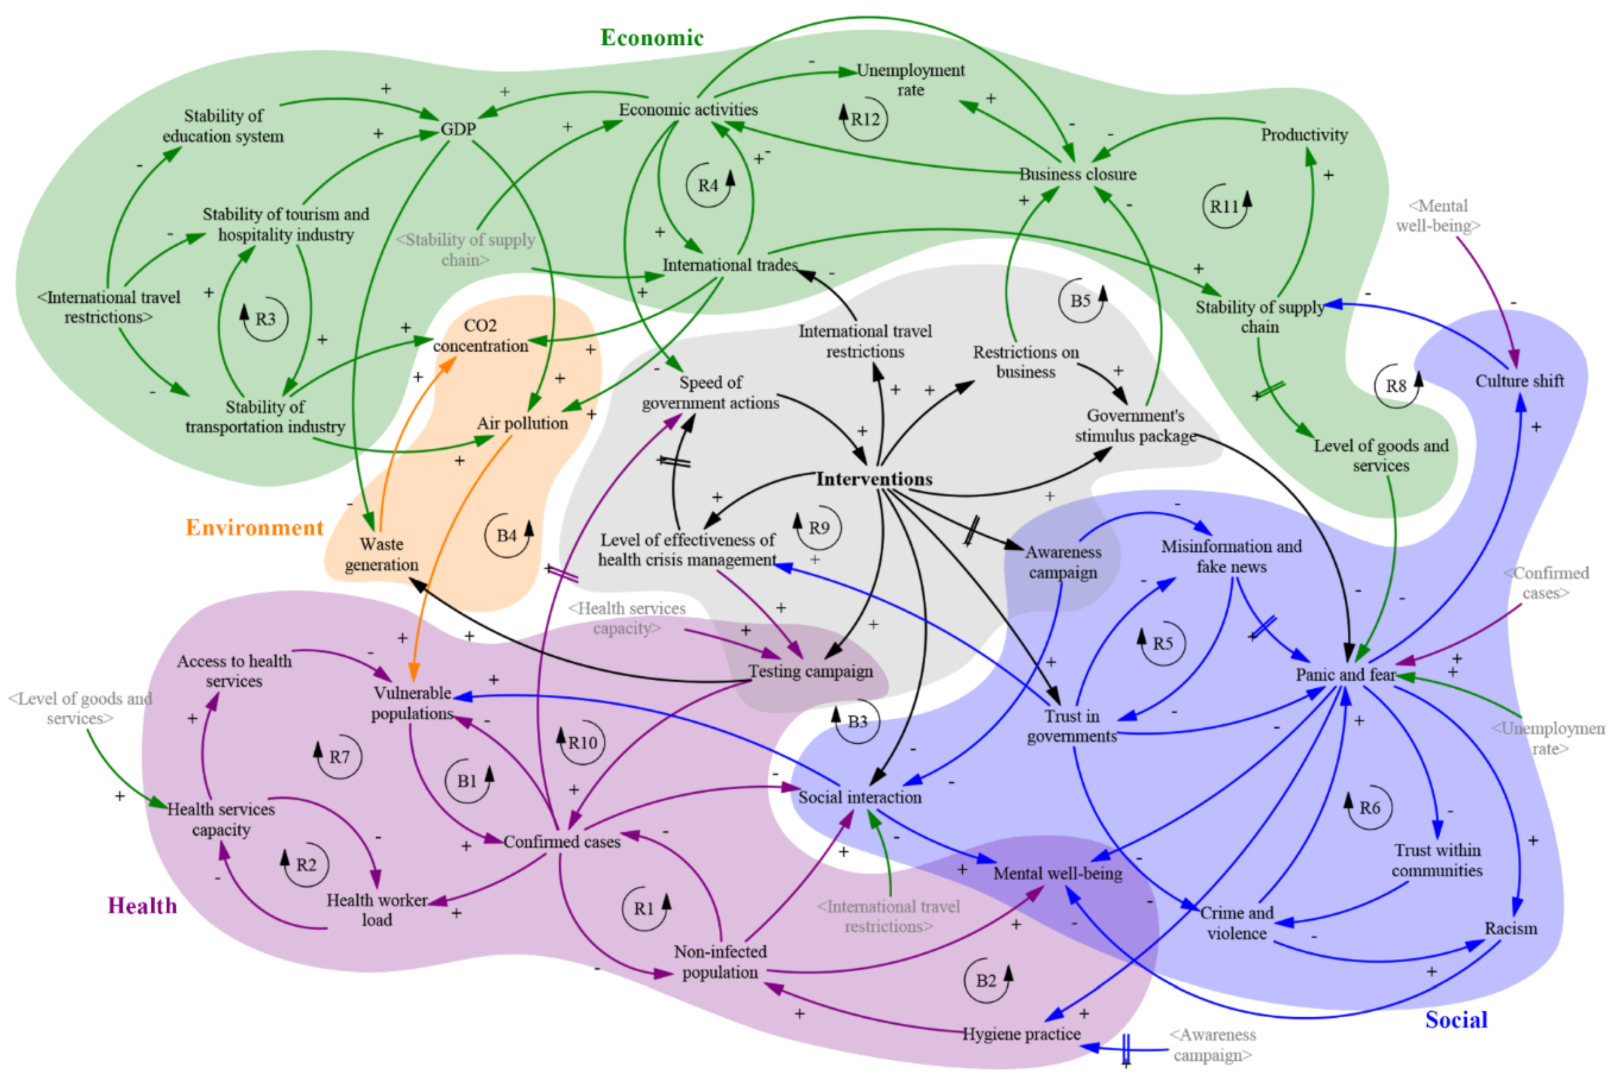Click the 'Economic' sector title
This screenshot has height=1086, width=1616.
pos(651,37)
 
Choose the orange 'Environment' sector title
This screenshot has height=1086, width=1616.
pos(254,528)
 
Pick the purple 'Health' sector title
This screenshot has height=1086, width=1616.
pos(142,906)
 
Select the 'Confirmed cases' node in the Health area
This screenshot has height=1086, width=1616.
pos(562,841)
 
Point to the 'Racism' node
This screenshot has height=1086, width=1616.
pos(1510,928)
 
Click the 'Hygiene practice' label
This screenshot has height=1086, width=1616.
pos(1021,1034)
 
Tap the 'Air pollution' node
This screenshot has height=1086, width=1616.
pos(522,423)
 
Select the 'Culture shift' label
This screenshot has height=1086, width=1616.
pos(1519,381)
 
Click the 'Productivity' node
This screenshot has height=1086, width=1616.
pos(1304,135)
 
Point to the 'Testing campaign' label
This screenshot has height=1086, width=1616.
pos(811,671)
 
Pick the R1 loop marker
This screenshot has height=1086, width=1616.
pos(644,909)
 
